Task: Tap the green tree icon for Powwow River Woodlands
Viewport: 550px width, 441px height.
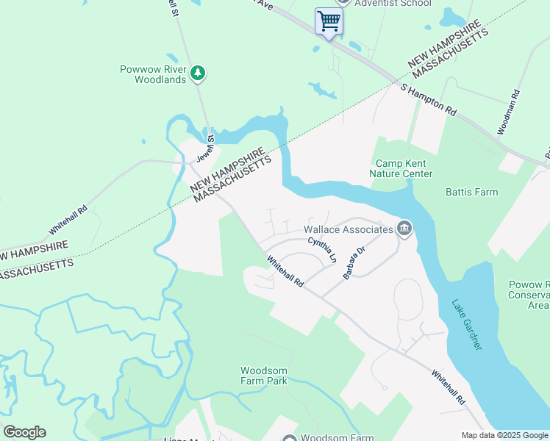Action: (x=197, y=73)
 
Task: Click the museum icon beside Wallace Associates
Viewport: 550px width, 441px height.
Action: (x=404, y=229)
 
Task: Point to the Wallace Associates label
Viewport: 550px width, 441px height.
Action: (x=349, y=229)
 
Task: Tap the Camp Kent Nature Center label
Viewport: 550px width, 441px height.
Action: (x=404, y=168)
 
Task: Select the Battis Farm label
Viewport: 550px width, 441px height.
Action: (x=471, y=192)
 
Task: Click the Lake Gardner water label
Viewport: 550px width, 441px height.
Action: (x=467, y=324)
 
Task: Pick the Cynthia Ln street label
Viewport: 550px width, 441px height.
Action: (x=322, y=250)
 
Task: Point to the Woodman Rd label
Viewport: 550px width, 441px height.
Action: (x=508, y=112)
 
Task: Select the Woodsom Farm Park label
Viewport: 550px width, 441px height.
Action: (x=263, y=376)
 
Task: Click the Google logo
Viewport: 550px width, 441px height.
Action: (x=24, y=432)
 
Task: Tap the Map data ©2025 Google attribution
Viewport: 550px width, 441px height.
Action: (x=504, y=435)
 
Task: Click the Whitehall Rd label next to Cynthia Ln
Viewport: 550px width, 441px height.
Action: (x=285, y=271)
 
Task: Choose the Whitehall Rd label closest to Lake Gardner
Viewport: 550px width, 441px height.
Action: (x=449, y=387)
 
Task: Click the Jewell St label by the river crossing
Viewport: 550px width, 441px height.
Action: (x=210, y=148)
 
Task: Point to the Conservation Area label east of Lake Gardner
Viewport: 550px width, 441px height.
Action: (x=529, y=295)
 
